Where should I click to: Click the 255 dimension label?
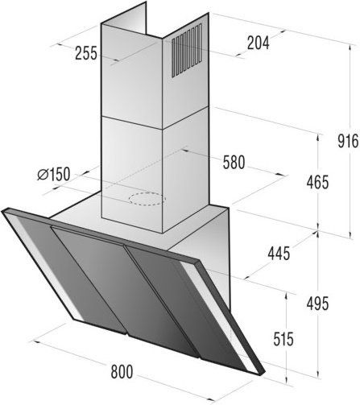[x=86, y=53]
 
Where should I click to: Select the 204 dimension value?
[x=258, y=43]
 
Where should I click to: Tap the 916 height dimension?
[x=348, y=141]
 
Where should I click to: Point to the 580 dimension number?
[x=234, y=163]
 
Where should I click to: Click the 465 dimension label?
[x=317, y=183]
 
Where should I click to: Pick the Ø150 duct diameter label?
[x=54, y=174]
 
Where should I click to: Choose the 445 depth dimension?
[x=279, y=253]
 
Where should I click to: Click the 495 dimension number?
[x=317, y=304]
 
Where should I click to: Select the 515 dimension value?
[x=283, y=339]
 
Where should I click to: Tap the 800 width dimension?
[x=122, y=372]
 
